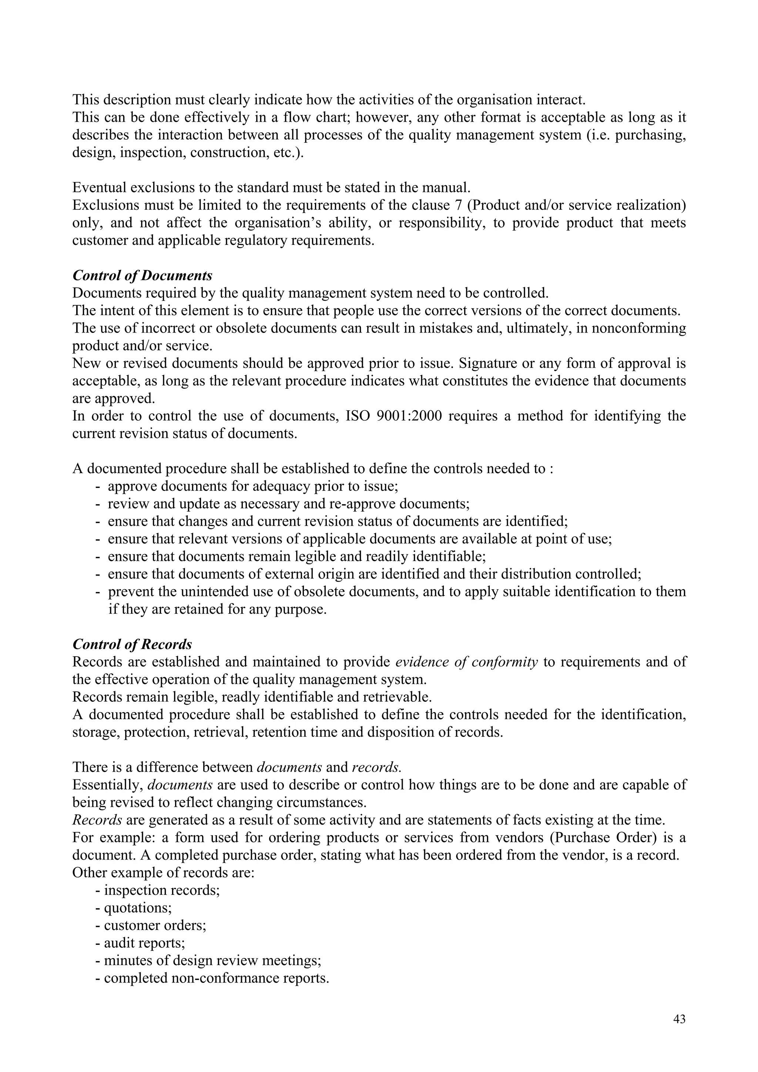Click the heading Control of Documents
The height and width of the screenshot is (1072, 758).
click(142, 276)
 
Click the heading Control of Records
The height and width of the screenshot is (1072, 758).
click(132, 644)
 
